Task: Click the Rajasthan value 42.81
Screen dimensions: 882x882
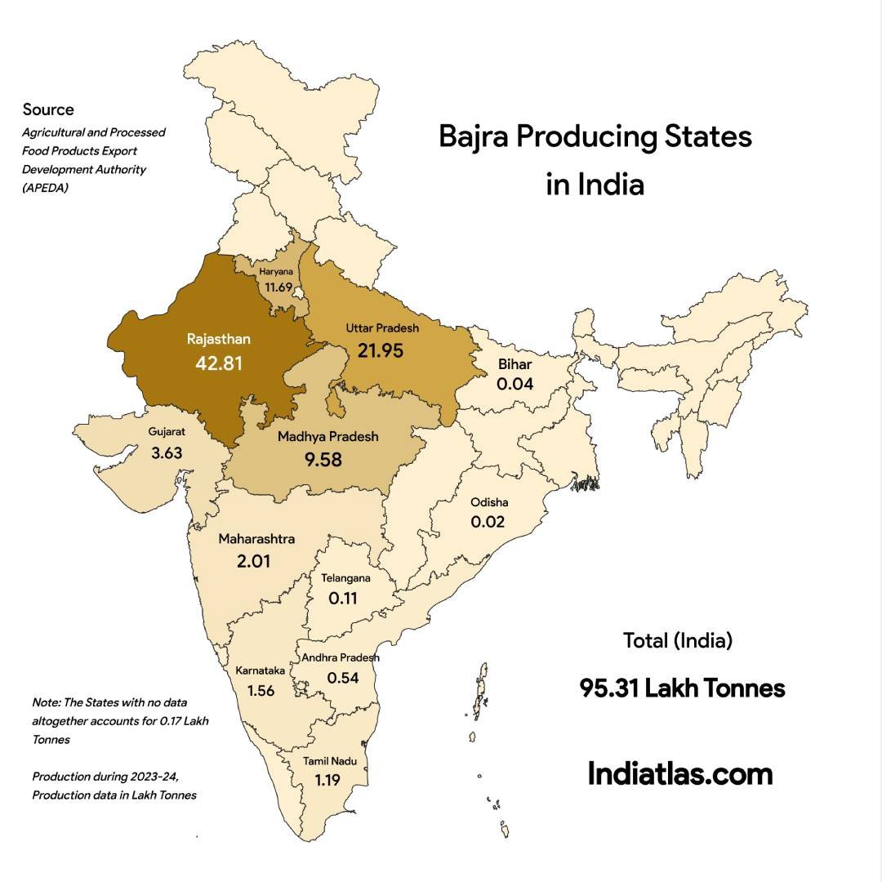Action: click(x=218, y=363)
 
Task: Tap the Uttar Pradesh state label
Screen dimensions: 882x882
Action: click(x=381, y=328)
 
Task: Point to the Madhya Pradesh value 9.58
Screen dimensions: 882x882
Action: click(x=323, y=461)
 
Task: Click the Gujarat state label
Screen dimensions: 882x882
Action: click(x=166, y=430)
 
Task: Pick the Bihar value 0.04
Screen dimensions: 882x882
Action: click(x=514, y=383)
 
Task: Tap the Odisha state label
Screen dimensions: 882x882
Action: click(x=488, y=502)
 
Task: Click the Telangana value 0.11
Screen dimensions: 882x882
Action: click(x=343, y=598)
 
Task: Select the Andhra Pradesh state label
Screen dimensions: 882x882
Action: click(x=341, y=657)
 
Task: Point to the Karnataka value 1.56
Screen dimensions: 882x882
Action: click(x=261, y=690)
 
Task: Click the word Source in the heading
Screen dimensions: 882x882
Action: click(x=48, y=109)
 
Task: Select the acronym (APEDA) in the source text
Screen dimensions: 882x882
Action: click(x=47, y=187)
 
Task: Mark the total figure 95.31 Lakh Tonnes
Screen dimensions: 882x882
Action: click(x=682, y=688)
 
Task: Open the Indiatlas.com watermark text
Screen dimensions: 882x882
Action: click(x=679, y=773)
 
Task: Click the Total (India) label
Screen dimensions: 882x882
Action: click(x=677, y=640)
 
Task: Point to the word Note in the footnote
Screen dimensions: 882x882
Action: click(x=45, y=702)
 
